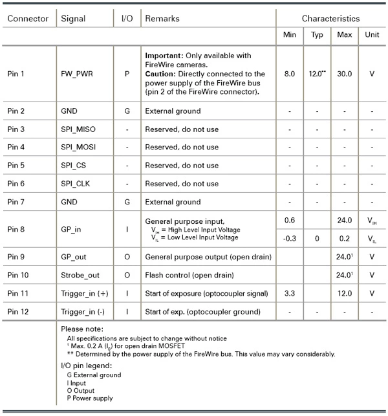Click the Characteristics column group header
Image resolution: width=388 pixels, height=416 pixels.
[330, 18]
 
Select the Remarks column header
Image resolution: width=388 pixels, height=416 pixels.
[162, 18]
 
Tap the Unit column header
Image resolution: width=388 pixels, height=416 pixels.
[372, 34]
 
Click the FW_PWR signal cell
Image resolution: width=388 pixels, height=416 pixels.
[76, 74]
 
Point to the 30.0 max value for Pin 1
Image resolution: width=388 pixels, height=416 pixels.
[345, 74]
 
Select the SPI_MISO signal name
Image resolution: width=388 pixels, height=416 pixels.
[78, 129]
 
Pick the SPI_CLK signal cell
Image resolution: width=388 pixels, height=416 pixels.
[76, 184]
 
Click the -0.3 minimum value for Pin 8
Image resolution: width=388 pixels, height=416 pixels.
[290, 238]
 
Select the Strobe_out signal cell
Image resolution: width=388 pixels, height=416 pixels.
[80, 275]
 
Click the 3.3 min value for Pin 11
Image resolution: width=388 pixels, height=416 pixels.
[290, 293]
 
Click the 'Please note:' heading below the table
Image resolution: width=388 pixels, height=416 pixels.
[81, 329]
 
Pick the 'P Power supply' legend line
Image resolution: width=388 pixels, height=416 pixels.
[90, 399]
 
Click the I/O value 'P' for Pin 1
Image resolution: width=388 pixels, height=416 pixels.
[127, 74]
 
